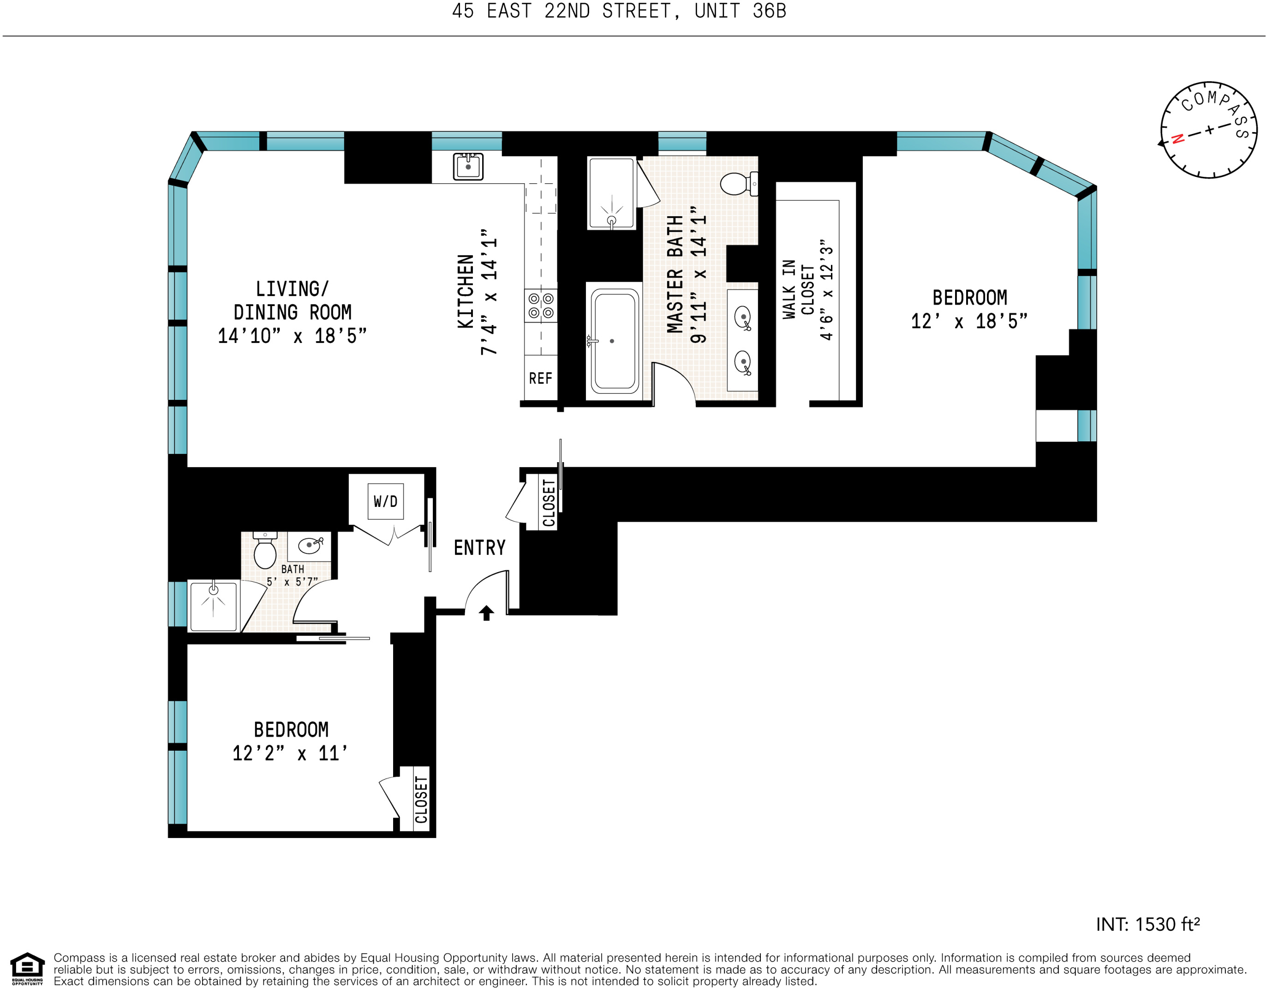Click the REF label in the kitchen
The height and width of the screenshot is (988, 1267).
point(540,379)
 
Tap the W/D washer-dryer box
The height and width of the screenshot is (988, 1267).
point(385,501)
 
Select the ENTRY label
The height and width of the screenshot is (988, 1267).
point(479,548)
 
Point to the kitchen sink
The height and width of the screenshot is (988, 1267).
point(467,167)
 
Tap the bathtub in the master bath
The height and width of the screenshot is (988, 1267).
point(614,341)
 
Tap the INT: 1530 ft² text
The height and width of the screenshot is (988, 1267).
point(1147,924)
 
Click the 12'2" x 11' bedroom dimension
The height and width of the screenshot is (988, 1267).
point(290,753)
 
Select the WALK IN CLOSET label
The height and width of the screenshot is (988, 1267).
point(798,289)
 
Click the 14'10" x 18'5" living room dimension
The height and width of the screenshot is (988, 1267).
point(292,336)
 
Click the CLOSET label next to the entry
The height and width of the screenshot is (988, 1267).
point(548,503)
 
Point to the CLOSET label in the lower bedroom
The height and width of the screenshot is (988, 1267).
point(421,799)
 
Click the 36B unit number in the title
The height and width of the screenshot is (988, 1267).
point(769,11)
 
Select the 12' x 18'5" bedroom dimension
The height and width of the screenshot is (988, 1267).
point(969,321)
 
